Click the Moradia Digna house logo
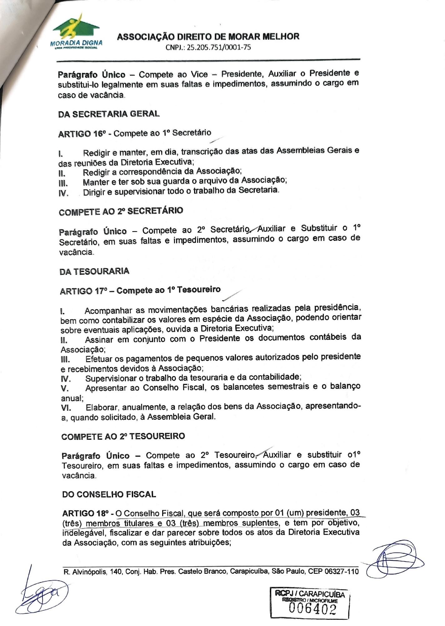[76, 31]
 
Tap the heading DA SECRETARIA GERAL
[109, 114]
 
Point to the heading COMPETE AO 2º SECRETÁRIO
[121, 212]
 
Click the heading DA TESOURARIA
[94, 271]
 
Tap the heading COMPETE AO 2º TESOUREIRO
[123, 437]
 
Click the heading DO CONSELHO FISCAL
[109, 494]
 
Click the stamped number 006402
[313, 609]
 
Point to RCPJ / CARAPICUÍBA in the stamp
[310, 594]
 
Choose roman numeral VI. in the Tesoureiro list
[66, 408]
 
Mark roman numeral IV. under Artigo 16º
[63, 193]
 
